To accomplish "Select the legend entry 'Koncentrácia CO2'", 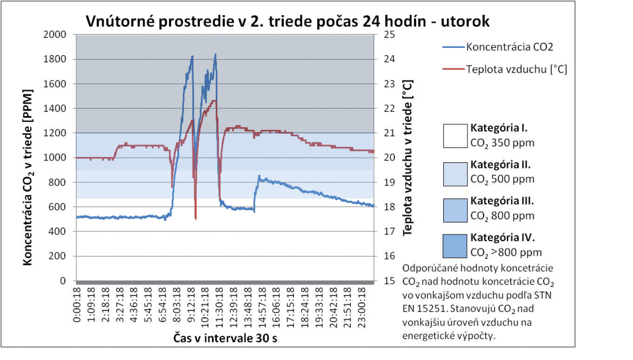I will click(509, 47).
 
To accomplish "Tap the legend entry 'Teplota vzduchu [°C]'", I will click(516, 70).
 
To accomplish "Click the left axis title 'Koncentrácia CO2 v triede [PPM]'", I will click(28, 158).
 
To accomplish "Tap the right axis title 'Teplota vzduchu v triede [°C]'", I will click(408, 157).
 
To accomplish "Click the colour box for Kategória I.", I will click(455, 136).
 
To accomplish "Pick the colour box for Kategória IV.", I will click(455, 246).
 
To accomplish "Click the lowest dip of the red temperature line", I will click(196, 219).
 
